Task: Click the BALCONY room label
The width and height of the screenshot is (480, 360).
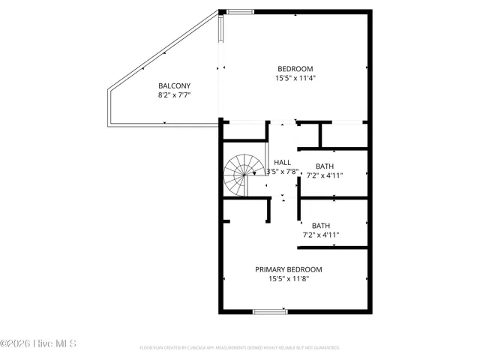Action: click(x=174, y=85)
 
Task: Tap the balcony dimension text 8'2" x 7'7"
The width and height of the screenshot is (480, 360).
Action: click(x=174, y=96)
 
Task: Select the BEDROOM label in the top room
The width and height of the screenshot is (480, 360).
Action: click(x=295, y=69)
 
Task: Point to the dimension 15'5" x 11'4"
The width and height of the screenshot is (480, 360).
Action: click(x=295, y=79)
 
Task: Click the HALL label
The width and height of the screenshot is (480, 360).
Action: click(x=283, y=162)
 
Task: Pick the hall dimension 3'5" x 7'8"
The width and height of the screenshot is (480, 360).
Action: click(x=283, y=172)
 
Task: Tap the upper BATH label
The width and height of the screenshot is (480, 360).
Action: click(x=324, y=166)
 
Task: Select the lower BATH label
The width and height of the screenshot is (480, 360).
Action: click(x=321, y=225)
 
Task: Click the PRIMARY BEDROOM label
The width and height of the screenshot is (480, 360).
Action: click(x=289, y=269)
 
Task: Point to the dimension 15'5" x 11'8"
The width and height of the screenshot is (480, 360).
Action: click(x=289, y=279)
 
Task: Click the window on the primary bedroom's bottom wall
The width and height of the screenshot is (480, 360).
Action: click(x=268, y=311)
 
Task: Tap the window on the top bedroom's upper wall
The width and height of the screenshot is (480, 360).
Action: click(x=241, y=11)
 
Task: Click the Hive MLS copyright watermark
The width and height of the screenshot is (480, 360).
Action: click(x=38, y=344)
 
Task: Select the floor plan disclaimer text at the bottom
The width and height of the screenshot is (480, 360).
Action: click(x=240, y=348)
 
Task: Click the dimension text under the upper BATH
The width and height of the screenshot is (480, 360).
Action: click(x=324, y=176)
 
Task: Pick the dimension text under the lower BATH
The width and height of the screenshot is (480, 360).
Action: click(x=321, y=235)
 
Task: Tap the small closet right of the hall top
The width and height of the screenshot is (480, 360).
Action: click(x=343, y=135)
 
